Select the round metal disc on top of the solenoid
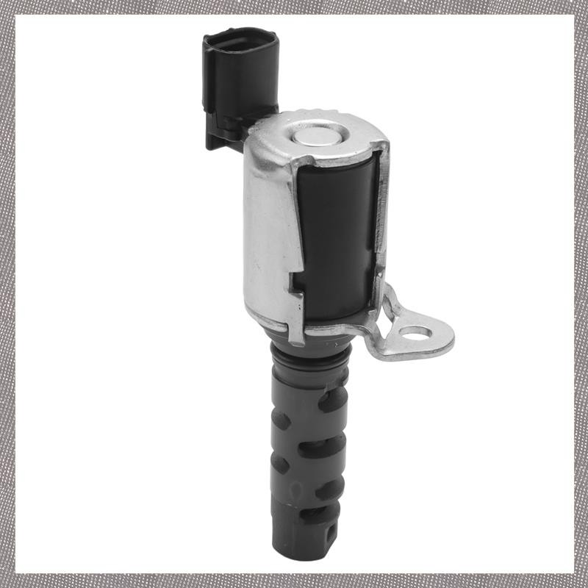(x=318, y=135)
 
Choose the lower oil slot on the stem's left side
(x=281, y=465)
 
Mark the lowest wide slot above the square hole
(x=320, y=514)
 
